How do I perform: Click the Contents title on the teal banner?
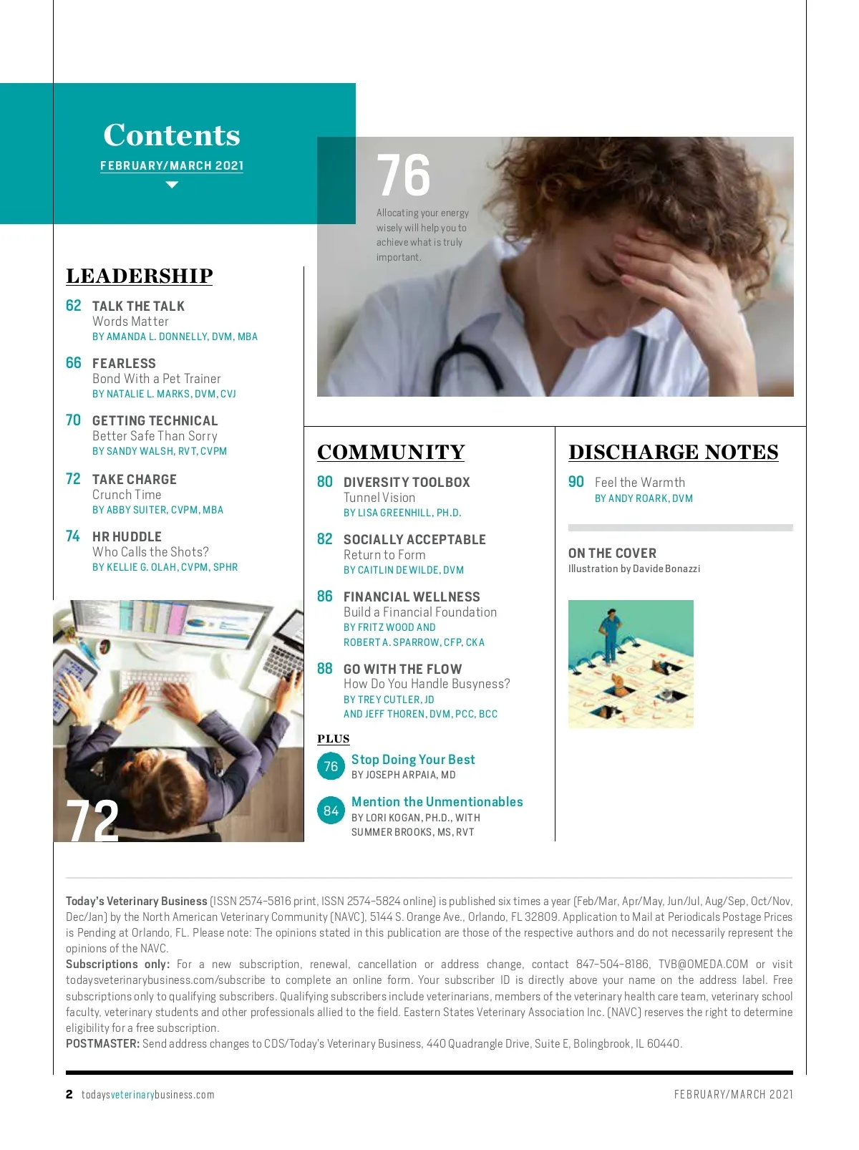[x=172, y=135]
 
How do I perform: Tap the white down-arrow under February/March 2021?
[x=172, y=185]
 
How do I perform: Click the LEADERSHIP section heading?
[x=140, y=276]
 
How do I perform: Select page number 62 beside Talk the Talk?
[x=74, y=306]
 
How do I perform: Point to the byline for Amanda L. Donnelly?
[x=175, y=337]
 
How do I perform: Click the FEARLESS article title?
[x=124, y=364]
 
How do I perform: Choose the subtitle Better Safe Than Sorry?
[x=155, y=436]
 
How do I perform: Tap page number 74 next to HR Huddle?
[x=73, y=536]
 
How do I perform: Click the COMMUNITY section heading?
[x=391, y=453]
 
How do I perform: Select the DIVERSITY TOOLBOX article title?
[x=407, y=483]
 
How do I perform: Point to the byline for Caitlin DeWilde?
[x=404, y=570]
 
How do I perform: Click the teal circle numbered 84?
[x=331, y=811]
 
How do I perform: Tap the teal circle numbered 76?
[x=331, y=766]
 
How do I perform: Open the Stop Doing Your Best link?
[x=413, y=760]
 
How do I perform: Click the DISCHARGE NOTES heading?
[x=674, y=453]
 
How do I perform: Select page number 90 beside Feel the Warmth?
[x=576, y=482]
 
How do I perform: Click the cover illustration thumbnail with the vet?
[x=631, y=664]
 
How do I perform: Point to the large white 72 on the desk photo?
[x=92, y=821]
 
